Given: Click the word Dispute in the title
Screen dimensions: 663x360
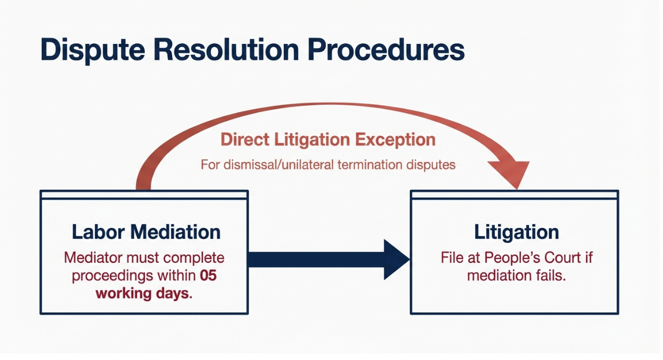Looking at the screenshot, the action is pyautogui.click(x=93, y=50).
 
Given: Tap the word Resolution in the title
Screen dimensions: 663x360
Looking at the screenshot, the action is pyautogui.click(x=227, y=49).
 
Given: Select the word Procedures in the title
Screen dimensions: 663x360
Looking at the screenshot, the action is pyautogui.click(x=386, y=49).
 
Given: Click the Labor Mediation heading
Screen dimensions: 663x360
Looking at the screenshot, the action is pyautogui.click(x=146, y=232).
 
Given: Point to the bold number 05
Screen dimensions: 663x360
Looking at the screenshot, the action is pyautogui.click(x=208, y=275).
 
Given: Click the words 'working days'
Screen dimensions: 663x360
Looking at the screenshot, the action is pyautogui.click(x=143, y=294).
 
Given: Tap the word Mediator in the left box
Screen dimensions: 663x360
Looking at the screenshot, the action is pyautogui.click(x=93, y=258).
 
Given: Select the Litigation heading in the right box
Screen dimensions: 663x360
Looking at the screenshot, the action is pyautogui.click(x=516, y=232).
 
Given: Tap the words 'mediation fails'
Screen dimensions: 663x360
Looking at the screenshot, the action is pyautogui.click(x=516, y=275).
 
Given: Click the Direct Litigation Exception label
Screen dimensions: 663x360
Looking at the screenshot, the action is pyautogui.click(x=328, y=139).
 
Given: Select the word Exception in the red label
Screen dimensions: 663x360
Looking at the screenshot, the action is pyautogui.click(x=395, y=140).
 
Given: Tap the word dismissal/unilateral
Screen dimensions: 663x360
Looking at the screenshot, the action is pyautogui.click(x=278, y=165).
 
